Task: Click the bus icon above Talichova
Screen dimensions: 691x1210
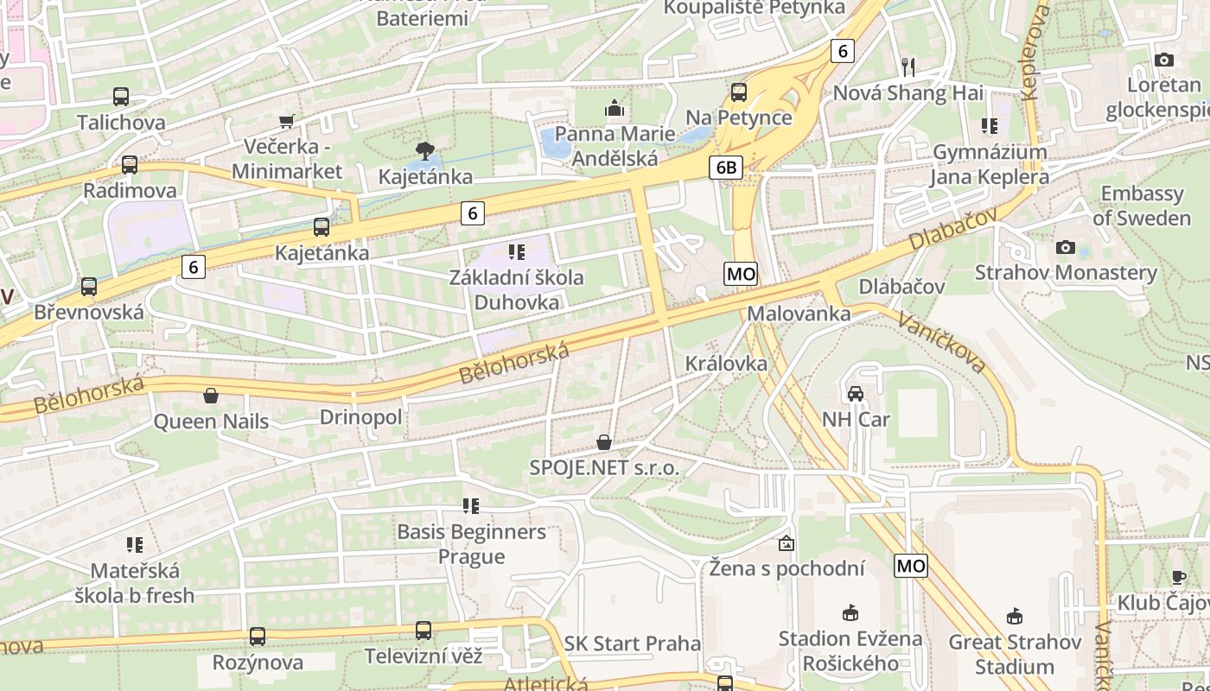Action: click(x=121, y=97)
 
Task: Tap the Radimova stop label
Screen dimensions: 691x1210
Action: click(x=130, y=190)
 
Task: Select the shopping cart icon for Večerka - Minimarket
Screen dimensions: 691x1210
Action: click(x=287, y=121)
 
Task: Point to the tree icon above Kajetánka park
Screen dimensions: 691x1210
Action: click(x=424, y=152)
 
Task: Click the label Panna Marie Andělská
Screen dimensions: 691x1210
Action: click(x=615, y=146)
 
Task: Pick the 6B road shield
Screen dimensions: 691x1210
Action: click(x=726, y=168)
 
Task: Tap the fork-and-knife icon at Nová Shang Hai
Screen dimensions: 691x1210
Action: click(x=907, y=67)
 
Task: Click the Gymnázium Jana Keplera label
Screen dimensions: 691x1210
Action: click(x=990, y=164)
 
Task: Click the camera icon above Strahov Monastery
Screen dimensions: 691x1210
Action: click(x=1066, y=248)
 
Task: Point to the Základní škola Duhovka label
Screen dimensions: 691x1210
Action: click(x=517, y=289)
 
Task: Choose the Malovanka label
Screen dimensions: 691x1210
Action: click(x=799, y=313)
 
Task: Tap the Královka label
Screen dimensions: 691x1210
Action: click(x=726, y=364)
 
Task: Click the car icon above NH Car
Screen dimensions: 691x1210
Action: click(x=856, y=394)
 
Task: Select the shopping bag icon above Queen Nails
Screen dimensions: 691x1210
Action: click(x=210, y=396)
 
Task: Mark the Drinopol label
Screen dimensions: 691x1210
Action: click(x=361, y=418)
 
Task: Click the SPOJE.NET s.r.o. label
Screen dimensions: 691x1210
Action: click(x=605, y=468)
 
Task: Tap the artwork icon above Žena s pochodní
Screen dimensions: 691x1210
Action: click(x=786, y=543)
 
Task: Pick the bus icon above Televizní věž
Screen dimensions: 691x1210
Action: click(x=423, y=631)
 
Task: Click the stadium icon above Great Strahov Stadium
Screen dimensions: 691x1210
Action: click(x=1015, y=617)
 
